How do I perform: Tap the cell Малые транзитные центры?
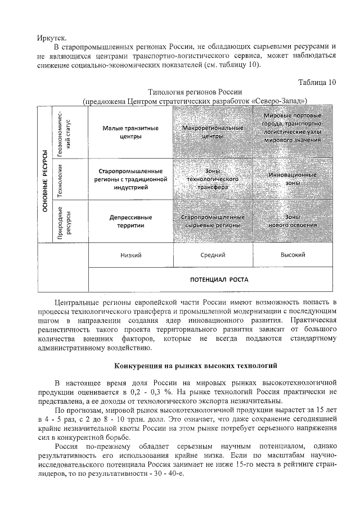[x=130, y=132]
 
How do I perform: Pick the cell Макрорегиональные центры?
[x=213, y=132]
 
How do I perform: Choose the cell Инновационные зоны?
[x=292, y=179]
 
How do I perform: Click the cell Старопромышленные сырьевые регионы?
[x=213, y=220]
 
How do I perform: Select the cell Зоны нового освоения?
[x=292, y=220]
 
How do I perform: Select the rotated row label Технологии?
[x=59, y=179]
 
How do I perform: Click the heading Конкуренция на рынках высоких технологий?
[x=195, y=366]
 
